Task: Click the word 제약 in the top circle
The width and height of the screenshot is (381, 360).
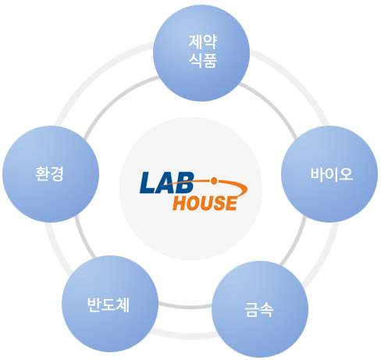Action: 203,41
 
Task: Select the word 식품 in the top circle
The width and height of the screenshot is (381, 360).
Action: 203,60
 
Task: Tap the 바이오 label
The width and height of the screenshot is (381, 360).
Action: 332,174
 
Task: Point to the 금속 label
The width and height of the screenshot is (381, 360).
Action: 258,309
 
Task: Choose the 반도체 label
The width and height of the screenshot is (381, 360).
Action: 108,305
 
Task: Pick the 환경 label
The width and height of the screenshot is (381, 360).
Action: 49,173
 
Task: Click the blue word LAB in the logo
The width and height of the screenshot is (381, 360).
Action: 167,183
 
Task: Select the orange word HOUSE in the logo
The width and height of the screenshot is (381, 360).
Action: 205,203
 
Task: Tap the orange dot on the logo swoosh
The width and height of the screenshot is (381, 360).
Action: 214,180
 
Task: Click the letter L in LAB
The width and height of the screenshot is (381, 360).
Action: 148,183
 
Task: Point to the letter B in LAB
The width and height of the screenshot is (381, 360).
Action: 185,183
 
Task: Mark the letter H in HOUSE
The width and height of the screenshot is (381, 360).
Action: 180,203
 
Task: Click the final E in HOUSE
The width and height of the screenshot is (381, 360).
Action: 231,203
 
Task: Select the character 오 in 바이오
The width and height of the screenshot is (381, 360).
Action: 346,174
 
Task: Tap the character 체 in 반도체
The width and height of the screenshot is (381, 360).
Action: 123,305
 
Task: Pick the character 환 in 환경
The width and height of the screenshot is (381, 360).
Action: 42,173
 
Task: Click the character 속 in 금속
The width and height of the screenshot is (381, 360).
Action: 266,309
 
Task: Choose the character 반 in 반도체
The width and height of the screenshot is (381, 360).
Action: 94,305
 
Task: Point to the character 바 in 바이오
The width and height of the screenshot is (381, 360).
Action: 318,174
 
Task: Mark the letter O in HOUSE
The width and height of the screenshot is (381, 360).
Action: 194,203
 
